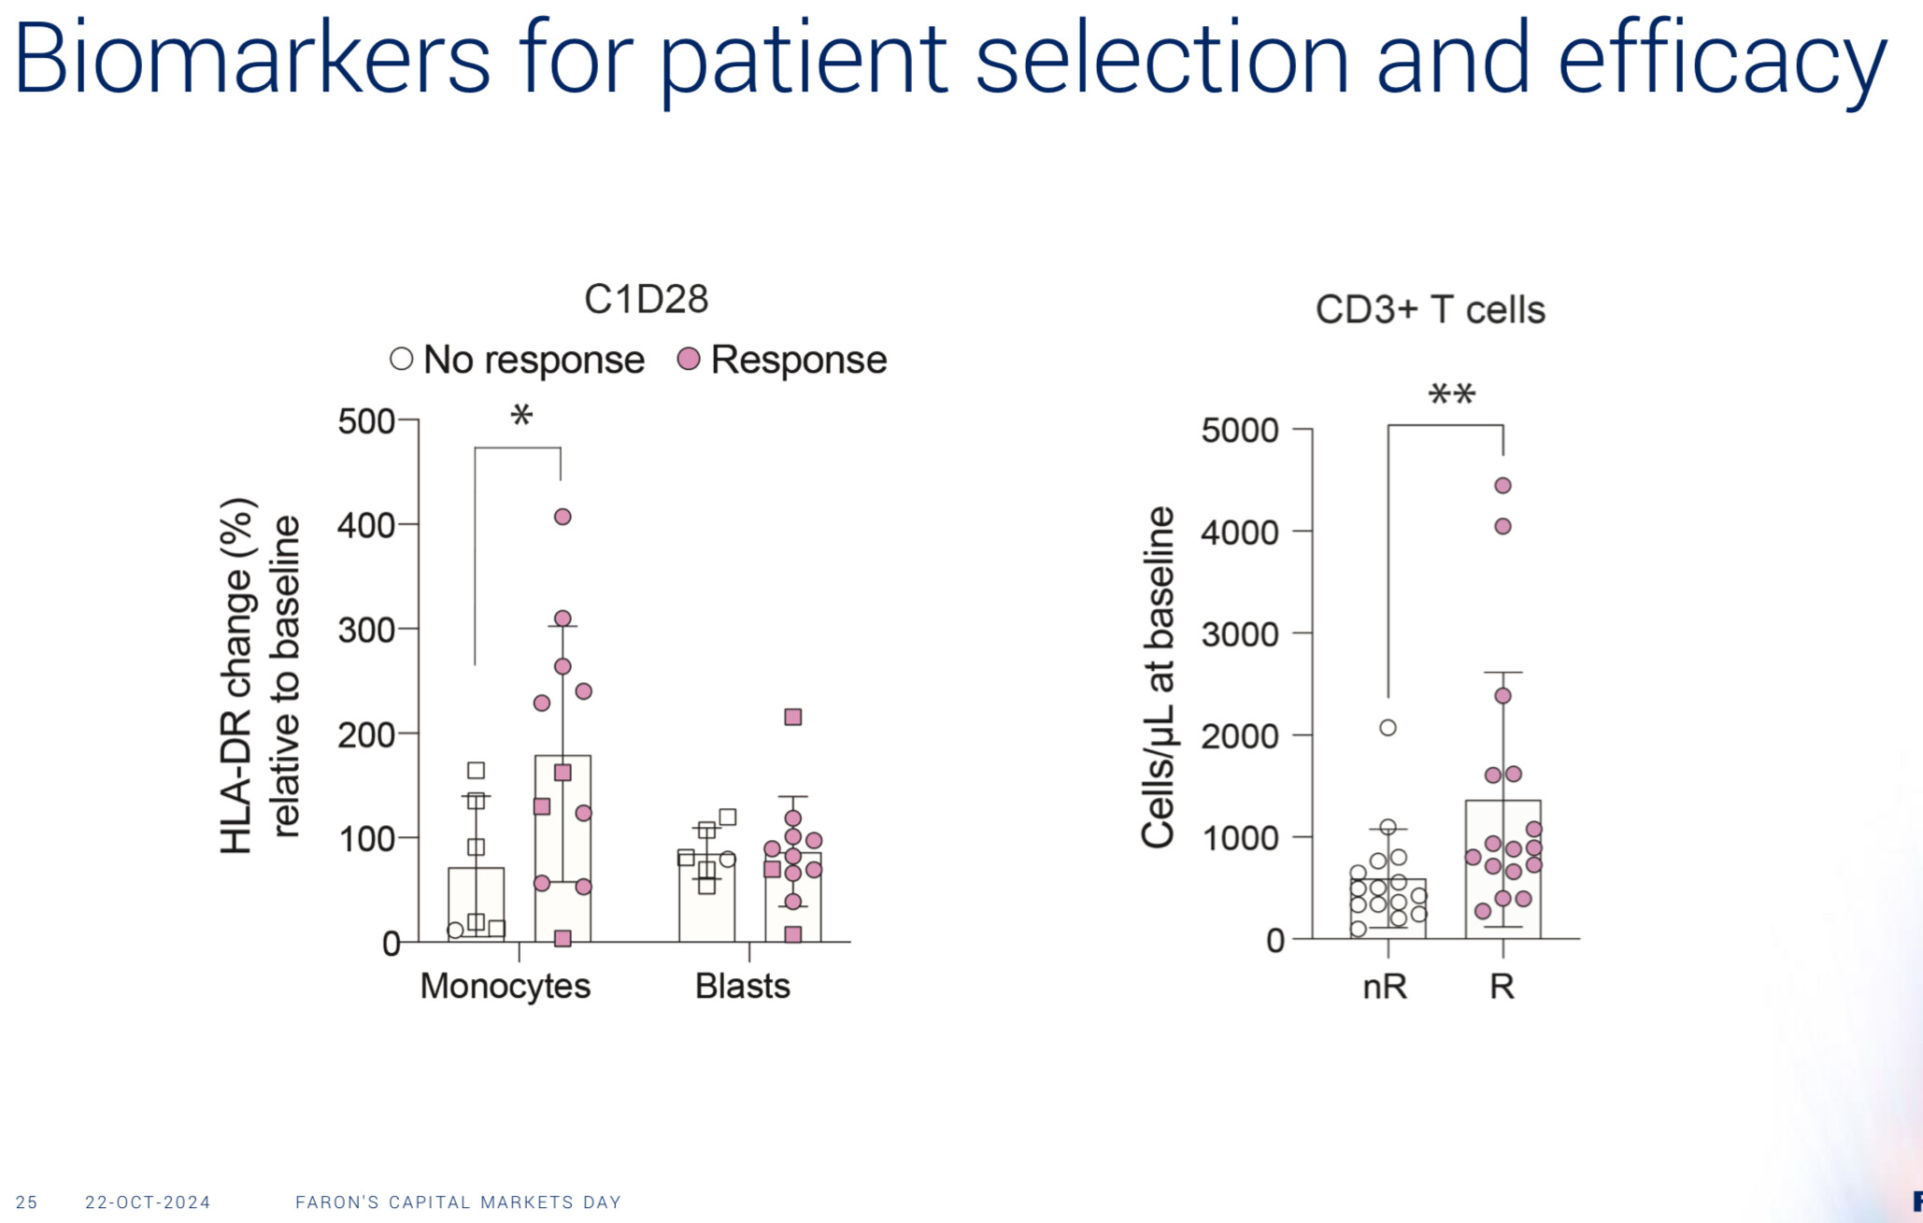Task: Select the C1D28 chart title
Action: [646, 300]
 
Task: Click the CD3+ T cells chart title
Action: [1430, 310]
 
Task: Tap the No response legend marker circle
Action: [401, 359]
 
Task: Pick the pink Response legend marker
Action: [689, 359]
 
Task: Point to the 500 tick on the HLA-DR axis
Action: [366, 421]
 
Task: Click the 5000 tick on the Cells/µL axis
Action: [1239, 431]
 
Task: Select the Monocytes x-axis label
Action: [505, 986]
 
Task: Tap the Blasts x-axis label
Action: [742, 986]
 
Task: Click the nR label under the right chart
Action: [1385, 986]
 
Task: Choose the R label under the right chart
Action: [1502, 986]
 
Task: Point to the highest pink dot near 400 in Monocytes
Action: [563, 517]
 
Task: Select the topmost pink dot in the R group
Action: [1503, 486]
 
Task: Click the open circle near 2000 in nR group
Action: [1388, 728]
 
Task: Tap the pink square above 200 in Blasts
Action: [793, 718]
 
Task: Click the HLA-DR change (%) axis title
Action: [237, 675]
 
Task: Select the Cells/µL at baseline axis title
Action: [1159, 676]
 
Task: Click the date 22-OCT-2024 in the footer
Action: [148, 1202]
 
